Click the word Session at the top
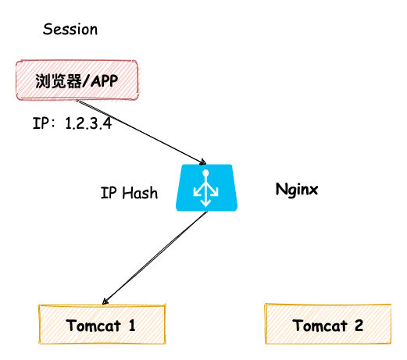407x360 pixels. pyautogui.click(x=70, y=30)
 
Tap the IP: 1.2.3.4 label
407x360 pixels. pyautogui.click(x=71, y=123)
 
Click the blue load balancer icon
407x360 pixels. pyautogui.click(x=206, y=188)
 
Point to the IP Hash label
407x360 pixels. pyautogui.click(x=129, y=193)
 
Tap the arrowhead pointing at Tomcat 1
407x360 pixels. pyautogui.click(x=106, y=300)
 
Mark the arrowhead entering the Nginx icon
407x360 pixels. pyautogui.click(x=204, y=161)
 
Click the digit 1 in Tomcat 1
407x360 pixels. pyautogui.click(x=131, y=326)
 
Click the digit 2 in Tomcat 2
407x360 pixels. pyautogui.click(x=359, y=326)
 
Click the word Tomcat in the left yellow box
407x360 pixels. pyautogui.click(x=91, y=326)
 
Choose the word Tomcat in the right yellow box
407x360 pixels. pyautogui.click(x=318, y=326)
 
